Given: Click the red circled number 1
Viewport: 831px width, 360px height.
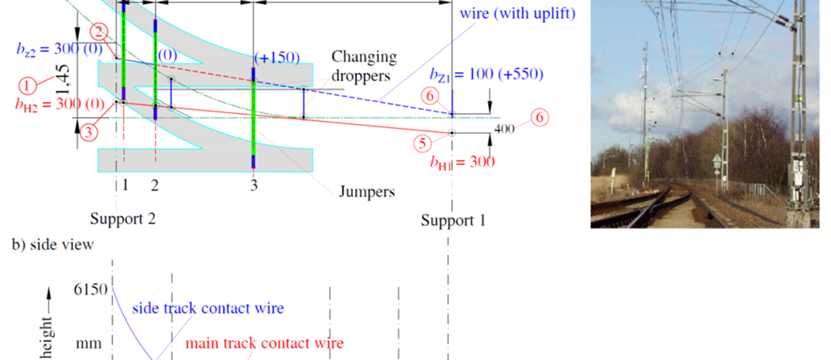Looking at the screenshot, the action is [27, 86].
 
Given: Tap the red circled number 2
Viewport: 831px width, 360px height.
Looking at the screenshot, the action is [99, 32].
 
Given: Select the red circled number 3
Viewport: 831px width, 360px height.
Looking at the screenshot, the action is [88, 132].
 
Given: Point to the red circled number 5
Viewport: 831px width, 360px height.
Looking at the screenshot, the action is [423, 143].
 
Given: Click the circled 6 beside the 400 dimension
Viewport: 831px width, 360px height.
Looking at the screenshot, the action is [540, 117].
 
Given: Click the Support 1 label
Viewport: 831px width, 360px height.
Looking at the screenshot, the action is [453, 220].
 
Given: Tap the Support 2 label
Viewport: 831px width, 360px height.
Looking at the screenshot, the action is [123, 219].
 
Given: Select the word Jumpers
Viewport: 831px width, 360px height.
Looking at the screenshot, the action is [367, 192].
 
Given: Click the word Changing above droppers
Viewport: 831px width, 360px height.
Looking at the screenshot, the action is [364, 57].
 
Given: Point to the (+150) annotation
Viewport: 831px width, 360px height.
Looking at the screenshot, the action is [277, 58].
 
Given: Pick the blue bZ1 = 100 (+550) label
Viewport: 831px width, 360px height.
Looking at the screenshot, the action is [486, 75].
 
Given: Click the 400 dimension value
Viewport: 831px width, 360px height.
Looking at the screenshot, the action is [504, 129].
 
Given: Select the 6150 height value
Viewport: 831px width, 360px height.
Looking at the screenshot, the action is [90, 289].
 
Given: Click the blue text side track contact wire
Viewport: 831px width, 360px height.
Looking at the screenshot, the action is [208, 308].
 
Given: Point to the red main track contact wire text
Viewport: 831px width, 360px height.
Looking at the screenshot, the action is [264, 343].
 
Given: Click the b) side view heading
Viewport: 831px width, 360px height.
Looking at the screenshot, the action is [52, 245].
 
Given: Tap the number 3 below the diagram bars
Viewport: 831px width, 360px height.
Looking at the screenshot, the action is [254, 185].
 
